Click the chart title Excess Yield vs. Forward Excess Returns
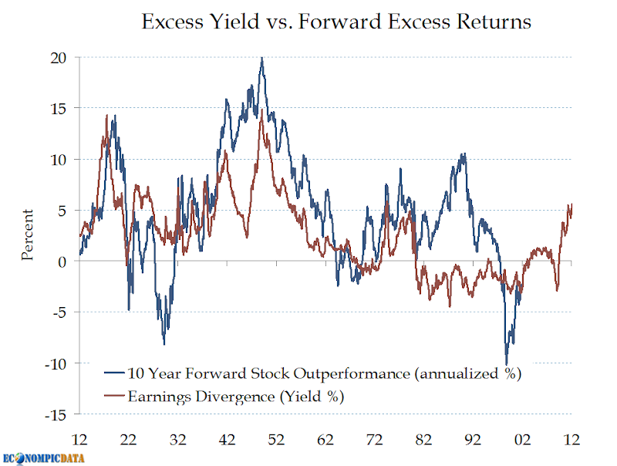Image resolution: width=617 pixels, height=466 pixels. (x=336, y=22)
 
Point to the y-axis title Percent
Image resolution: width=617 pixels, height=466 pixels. (x=28, y=235)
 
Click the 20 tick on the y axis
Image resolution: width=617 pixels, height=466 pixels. (x=59, y=58)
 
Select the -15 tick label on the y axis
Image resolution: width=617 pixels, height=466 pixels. (x=56, y=414)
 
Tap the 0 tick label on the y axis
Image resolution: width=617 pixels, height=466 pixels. (x=62, y=262)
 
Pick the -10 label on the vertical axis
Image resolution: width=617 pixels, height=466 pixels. (x=56, y=363)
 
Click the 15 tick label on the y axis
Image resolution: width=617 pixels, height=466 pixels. (x=59, y=109)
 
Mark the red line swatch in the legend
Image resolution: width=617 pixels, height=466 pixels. (x=113, y=397)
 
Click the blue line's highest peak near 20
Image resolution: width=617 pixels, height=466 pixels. (x=262, y=59)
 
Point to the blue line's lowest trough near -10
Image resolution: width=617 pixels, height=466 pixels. (x=507, y=363)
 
